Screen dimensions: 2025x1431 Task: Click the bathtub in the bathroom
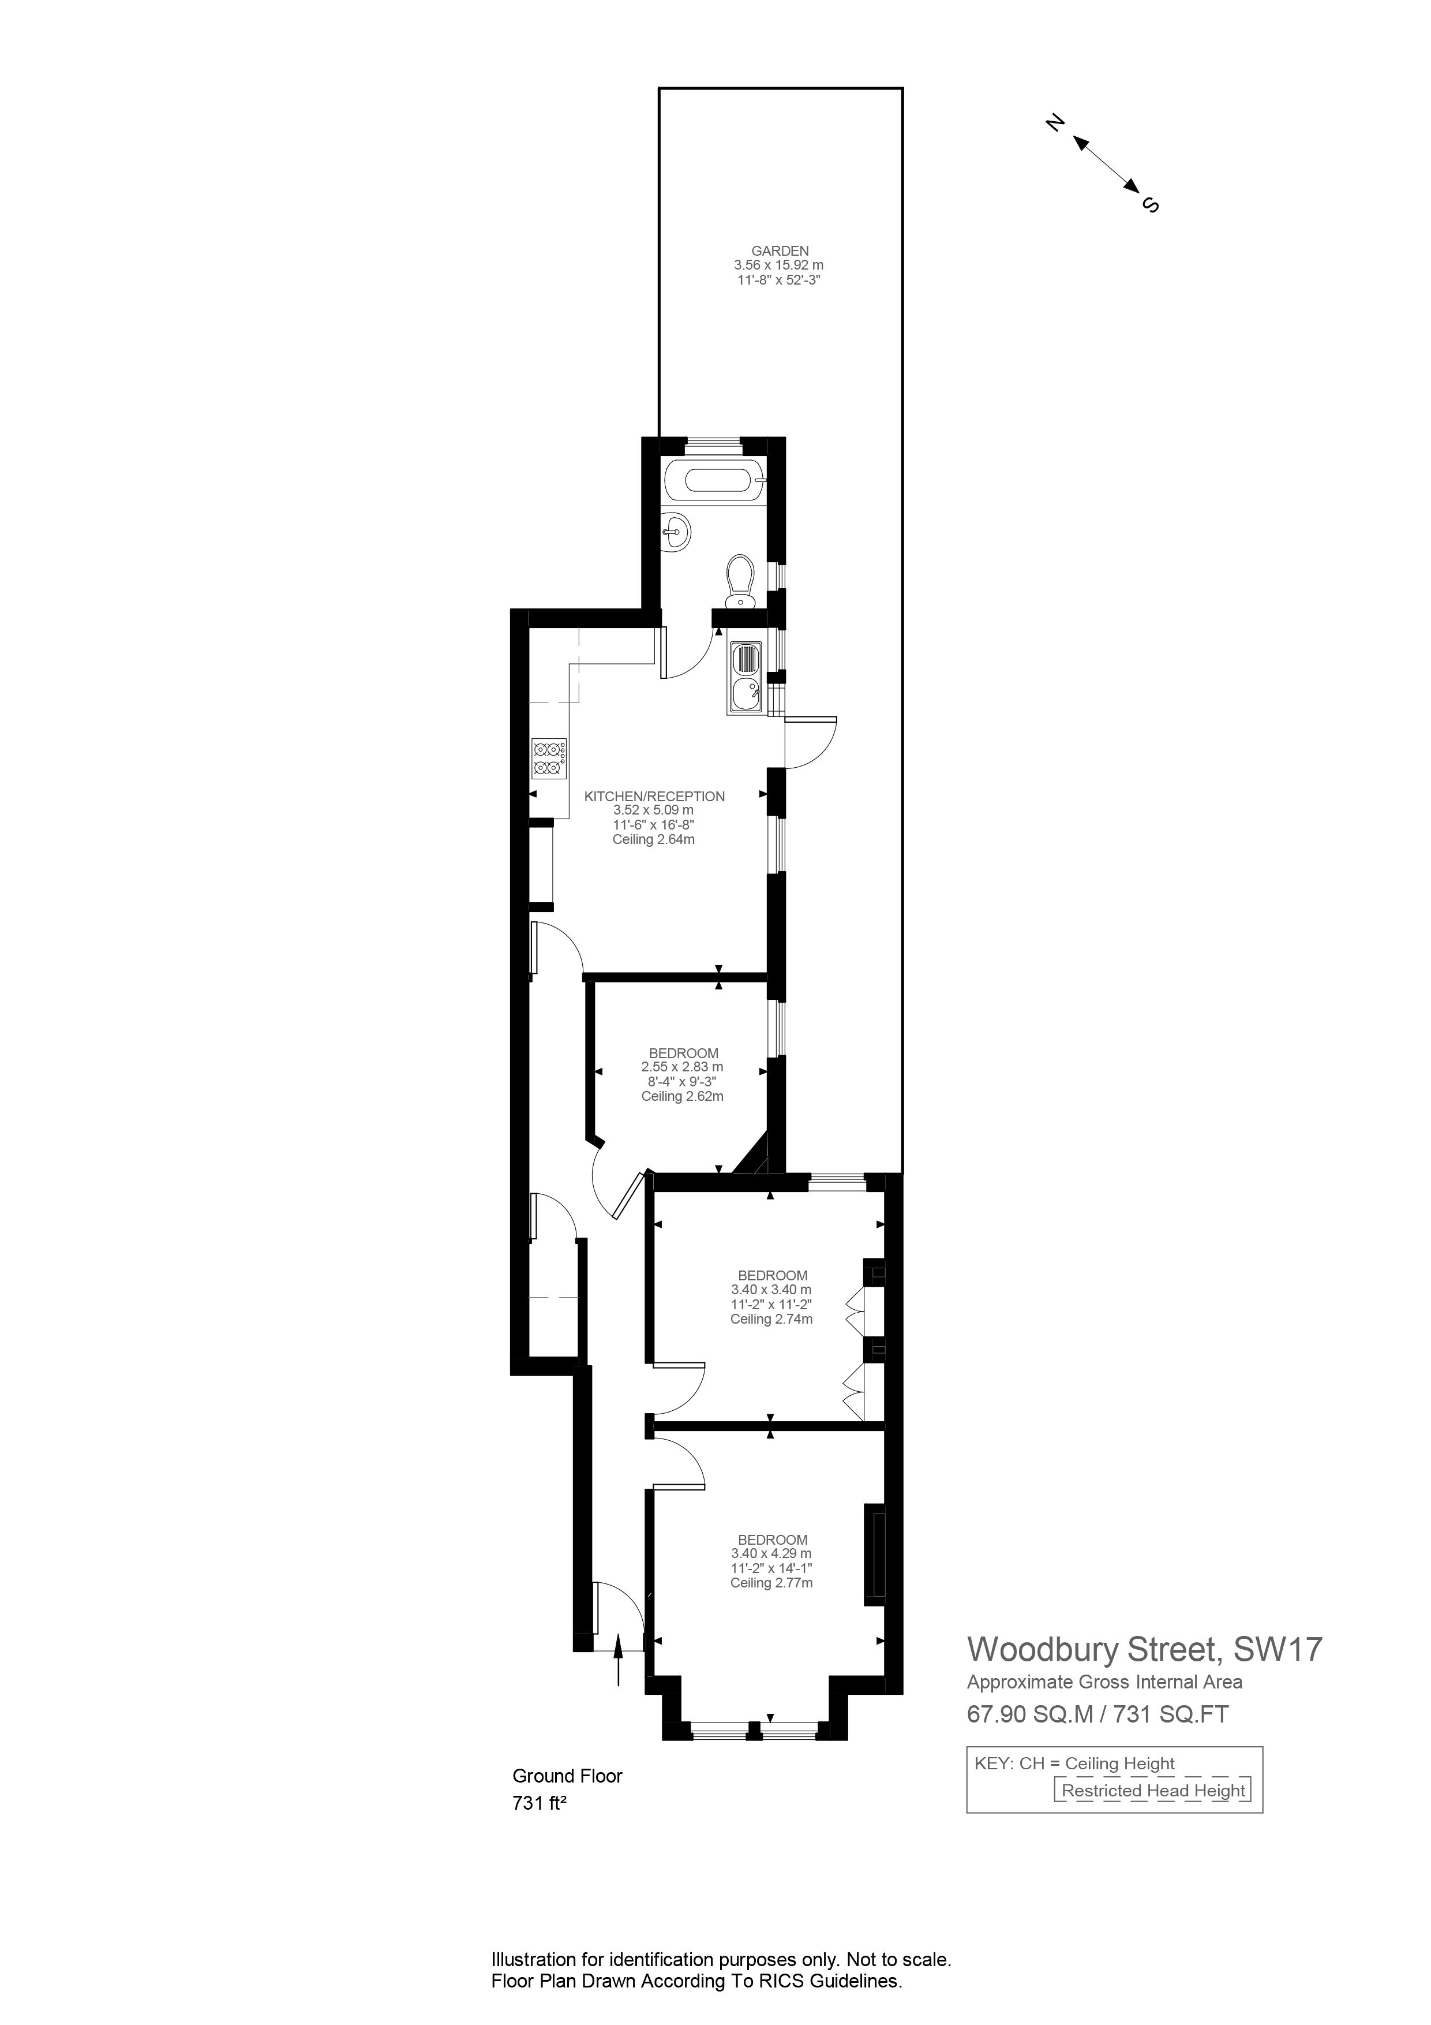tap(718, 481)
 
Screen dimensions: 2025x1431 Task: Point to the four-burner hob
tap(548, 760)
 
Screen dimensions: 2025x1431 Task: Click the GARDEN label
tap(780, 251)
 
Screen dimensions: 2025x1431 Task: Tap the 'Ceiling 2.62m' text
tap(683, 1096)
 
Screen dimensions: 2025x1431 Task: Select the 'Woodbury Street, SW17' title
tap(1144, 1649)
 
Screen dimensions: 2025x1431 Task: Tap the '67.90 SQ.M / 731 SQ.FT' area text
tap(1097, 1714)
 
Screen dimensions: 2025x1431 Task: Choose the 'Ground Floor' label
tap(567, 1776)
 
